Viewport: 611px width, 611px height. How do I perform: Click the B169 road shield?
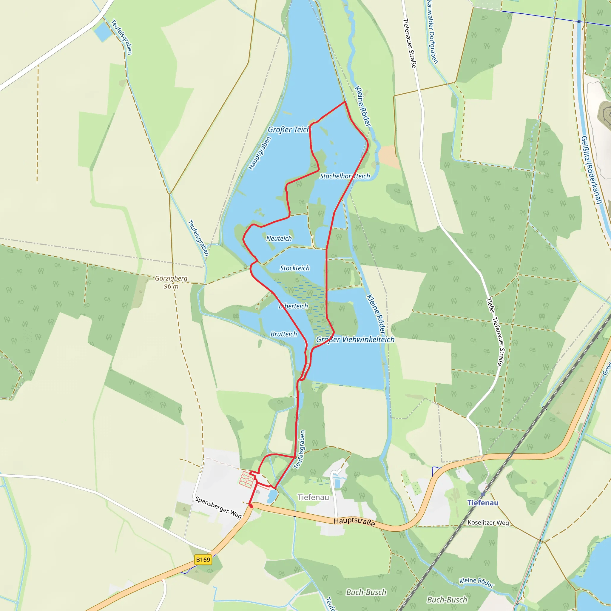point(203,560)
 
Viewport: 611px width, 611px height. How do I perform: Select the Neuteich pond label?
point(279,238)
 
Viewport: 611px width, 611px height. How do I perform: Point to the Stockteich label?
point(295,268)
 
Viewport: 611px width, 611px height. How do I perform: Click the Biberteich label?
point(293,306)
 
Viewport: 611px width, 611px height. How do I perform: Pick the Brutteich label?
point(284,334)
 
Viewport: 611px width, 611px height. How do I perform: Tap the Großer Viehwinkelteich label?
point(355,339)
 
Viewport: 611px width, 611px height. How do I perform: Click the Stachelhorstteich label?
point(345,176)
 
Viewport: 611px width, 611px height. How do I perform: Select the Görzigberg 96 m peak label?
point(171,282)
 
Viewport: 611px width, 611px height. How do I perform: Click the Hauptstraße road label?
point(354,521)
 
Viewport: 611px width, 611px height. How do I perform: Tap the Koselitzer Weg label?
point(488,522)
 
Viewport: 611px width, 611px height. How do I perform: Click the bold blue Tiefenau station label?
point(483,503)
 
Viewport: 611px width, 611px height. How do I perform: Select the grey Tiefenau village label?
point(313,497)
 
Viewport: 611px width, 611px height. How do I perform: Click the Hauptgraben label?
point(260,153)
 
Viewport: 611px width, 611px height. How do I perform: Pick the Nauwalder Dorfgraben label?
point(432,32)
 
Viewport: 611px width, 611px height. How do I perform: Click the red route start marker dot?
point(251,506)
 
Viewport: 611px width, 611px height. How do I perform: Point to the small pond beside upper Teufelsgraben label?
point(102,32)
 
